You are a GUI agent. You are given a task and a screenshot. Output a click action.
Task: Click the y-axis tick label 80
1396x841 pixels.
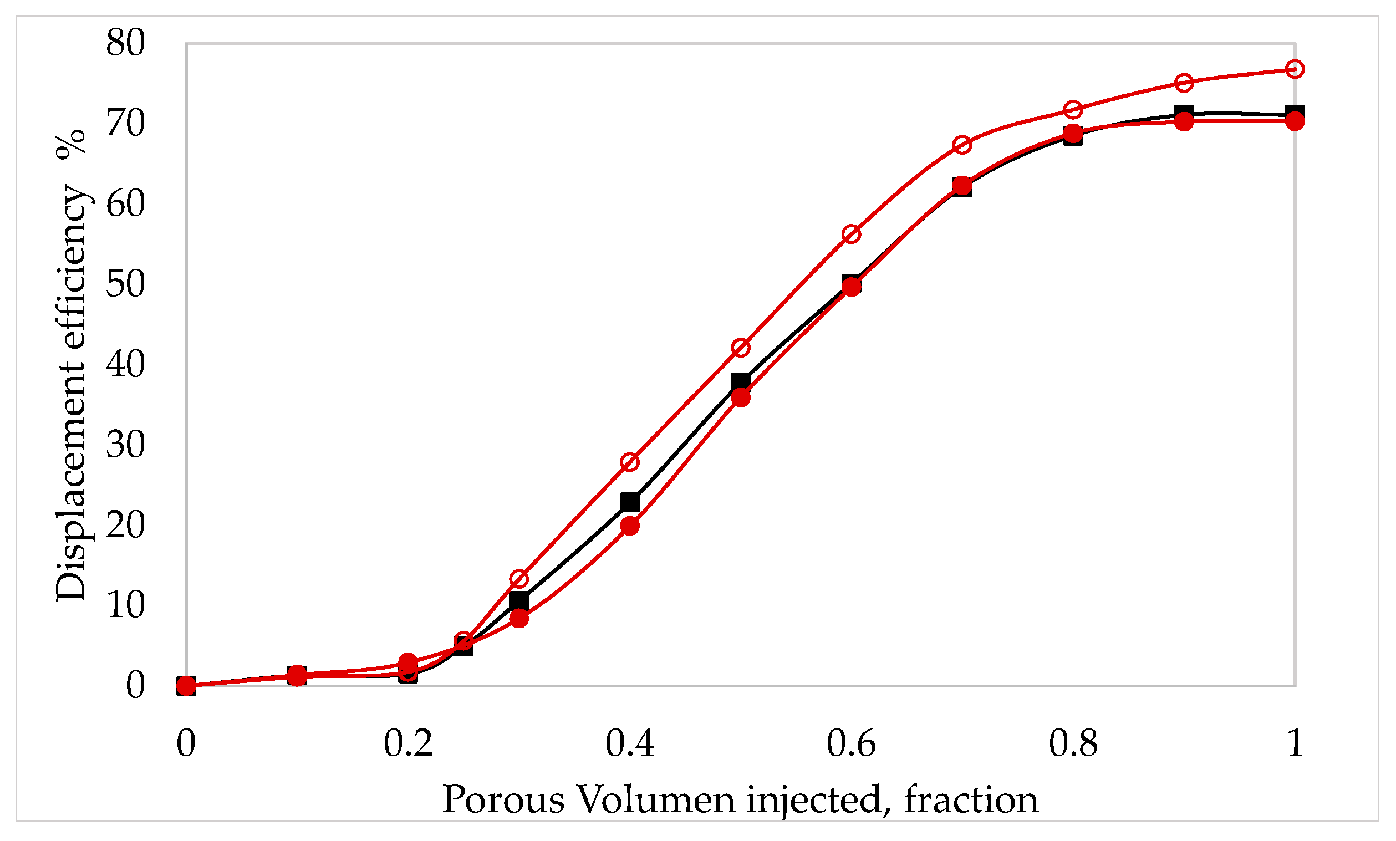(x=125, y=43)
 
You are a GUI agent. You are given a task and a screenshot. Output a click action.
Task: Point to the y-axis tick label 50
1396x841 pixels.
(x=125, y=284)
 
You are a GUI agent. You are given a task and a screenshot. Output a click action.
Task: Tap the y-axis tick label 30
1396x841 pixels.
(x=125, y=445)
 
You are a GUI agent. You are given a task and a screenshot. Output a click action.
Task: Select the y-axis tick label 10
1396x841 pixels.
(x=125, y=605)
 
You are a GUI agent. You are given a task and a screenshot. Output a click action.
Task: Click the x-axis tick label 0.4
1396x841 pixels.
(x=630, y=743)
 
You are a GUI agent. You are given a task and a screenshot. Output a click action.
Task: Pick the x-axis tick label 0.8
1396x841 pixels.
(x=1073, y=743)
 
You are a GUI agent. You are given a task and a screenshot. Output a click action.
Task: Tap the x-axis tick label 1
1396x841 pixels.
(x=1295, y=743)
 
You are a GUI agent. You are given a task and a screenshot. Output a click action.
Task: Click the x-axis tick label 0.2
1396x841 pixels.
(x=408, y=743)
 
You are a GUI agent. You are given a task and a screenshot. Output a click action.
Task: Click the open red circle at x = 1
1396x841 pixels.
(x=1295, y=69)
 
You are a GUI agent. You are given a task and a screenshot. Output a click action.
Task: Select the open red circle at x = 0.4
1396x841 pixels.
(x=630, y=462)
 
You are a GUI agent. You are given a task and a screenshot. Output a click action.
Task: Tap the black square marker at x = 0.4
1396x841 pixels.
(x=630, y=502)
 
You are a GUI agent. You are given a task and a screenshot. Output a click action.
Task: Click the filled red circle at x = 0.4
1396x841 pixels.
(x=630, y=526)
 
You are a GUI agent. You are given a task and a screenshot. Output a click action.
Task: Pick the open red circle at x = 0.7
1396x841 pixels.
(x=962, y=145)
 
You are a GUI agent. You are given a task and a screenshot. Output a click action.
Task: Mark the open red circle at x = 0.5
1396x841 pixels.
(x=741, y=348)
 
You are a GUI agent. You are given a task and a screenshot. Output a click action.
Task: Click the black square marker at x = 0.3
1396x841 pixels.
(x=519, y=601)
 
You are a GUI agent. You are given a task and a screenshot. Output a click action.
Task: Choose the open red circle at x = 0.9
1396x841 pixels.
(x=1184, y=83)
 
